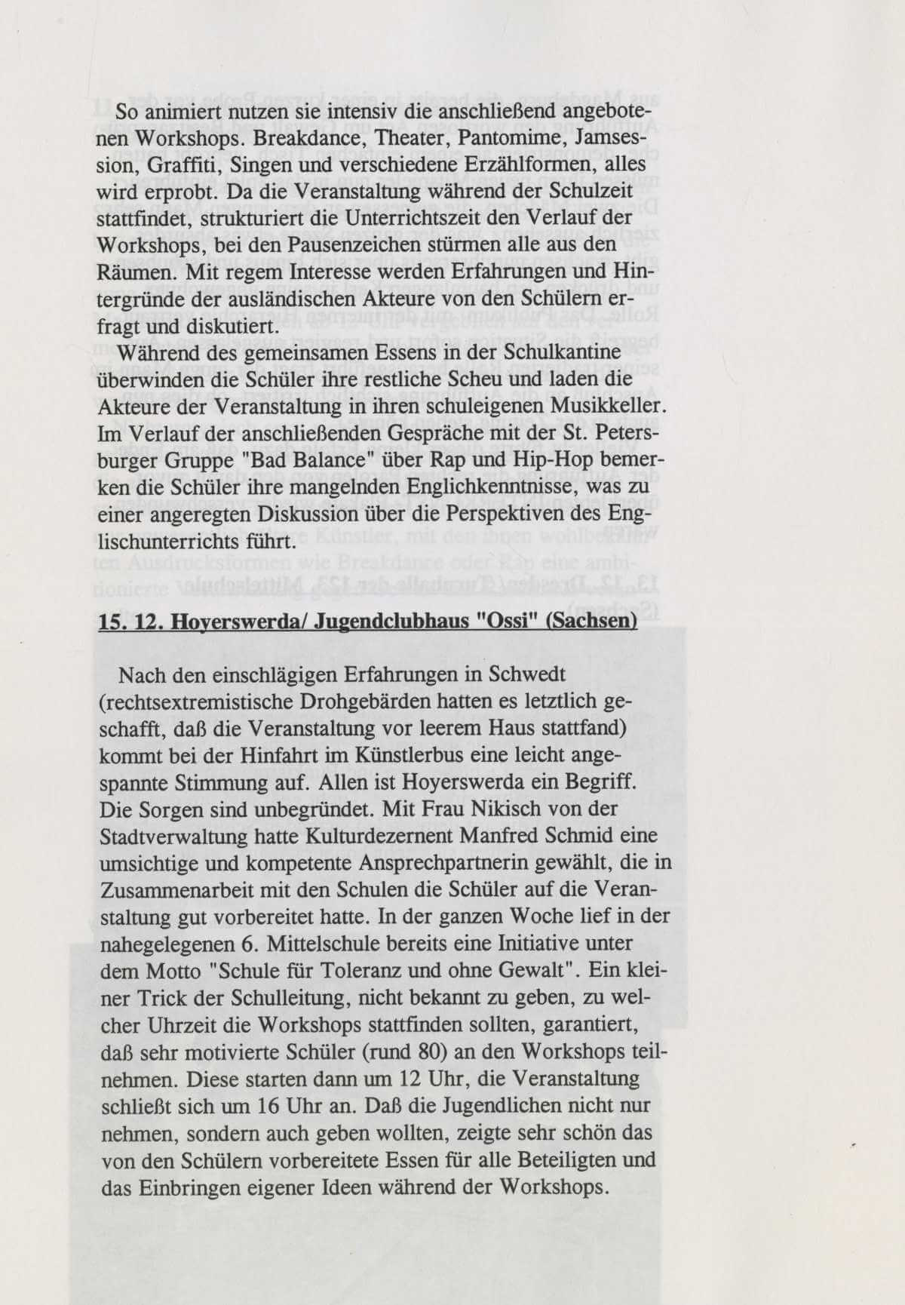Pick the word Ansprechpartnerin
click(413, 863)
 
